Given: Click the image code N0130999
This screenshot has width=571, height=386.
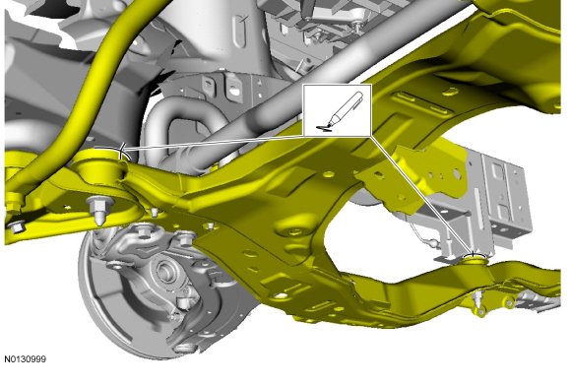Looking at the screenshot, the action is (x=26, y=359).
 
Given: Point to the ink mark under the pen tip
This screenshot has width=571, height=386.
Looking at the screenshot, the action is (x=322, y=128).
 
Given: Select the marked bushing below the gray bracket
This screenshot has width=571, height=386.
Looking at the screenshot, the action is (x=475, y=259).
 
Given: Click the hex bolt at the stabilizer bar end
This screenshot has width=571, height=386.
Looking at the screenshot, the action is (x=15, y=226).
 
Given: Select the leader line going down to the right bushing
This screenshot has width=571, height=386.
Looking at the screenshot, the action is (x=422, y=195).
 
